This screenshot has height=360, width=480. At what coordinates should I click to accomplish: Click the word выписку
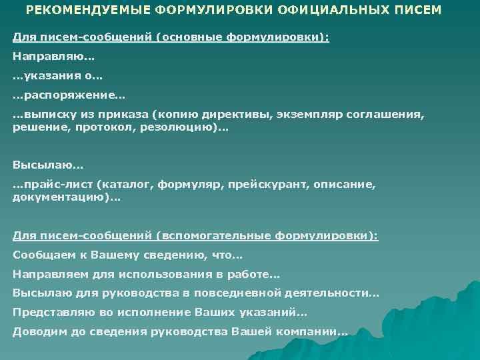[x=46, y=115]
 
